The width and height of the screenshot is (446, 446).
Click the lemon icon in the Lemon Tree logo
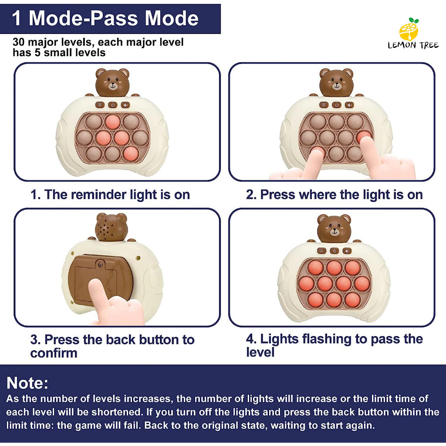coord(409,30)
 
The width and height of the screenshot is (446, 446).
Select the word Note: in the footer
coord(27,382)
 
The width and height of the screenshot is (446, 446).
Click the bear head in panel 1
coord(112,82)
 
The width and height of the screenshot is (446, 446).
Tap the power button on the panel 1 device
coord(113,105)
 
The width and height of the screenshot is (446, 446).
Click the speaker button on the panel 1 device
coord(125,105)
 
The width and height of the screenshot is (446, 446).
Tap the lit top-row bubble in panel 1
coord(113,122)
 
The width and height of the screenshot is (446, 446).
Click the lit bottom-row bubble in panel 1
coord(131,154)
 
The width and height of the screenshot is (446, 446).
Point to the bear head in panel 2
coord(336,82)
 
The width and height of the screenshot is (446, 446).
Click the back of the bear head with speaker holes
coord(111,226)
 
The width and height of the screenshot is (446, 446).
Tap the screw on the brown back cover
coord(100,265)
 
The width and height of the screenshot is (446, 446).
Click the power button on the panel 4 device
coord(334,251)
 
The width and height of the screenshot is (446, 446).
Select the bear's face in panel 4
coord(334,228)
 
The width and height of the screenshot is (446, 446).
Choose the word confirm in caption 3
coord(54,353)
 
